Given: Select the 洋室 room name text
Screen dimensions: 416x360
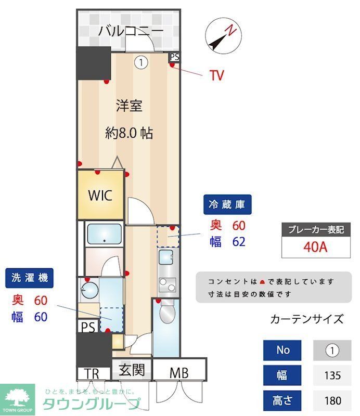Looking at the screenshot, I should tap(129, 106).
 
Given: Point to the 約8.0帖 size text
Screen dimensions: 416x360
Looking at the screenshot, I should tap(129, 133).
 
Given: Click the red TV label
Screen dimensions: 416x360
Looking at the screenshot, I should tap(217, 76).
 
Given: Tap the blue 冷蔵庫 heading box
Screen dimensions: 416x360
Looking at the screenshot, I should tap(227, 204).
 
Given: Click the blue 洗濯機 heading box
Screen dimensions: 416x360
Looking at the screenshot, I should tap(30, 278).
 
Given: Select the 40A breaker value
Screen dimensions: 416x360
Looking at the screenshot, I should tap(315, 246).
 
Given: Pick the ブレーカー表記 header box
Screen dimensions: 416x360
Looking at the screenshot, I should tap(316, 229).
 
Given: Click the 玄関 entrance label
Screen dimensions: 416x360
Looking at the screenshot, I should tap(132, 371).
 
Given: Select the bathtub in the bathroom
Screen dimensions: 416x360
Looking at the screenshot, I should tap(104, 235).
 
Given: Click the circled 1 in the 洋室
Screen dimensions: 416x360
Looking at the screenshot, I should tap(140, 62).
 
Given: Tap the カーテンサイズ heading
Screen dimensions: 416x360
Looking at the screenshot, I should tap(307, 319).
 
